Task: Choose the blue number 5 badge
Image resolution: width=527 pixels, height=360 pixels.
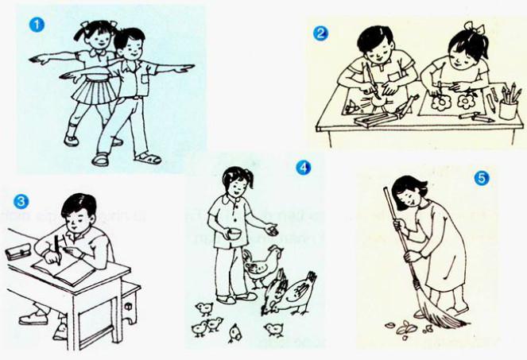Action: click(480, 178)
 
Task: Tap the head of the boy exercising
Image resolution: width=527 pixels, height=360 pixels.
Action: click(128, 45)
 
